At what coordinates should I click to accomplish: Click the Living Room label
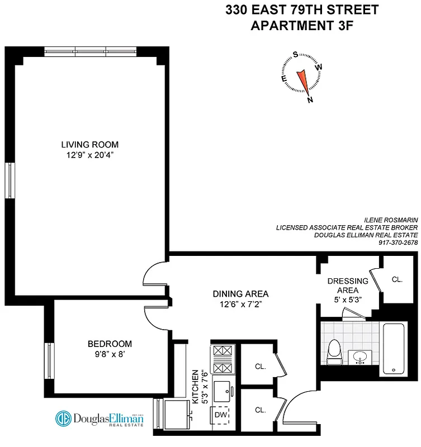pos(89,144)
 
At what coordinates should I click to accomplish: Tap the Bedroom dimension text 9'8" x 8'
pos(109,354)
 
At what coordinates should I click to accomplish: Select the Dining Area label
pos(240,293)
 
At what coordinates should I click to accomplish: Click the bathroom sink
pos(360,356)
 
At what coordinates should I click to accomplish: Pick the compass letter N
pos(310,100)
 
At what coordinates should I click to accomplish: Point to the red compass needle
pos(303,79)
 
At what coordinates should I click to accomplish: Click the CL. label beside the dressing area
pos(397,279)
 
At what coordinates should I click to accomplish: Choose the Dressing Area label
pos(348,286)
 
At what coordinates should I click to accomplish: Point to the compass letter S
pos(295,55)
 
